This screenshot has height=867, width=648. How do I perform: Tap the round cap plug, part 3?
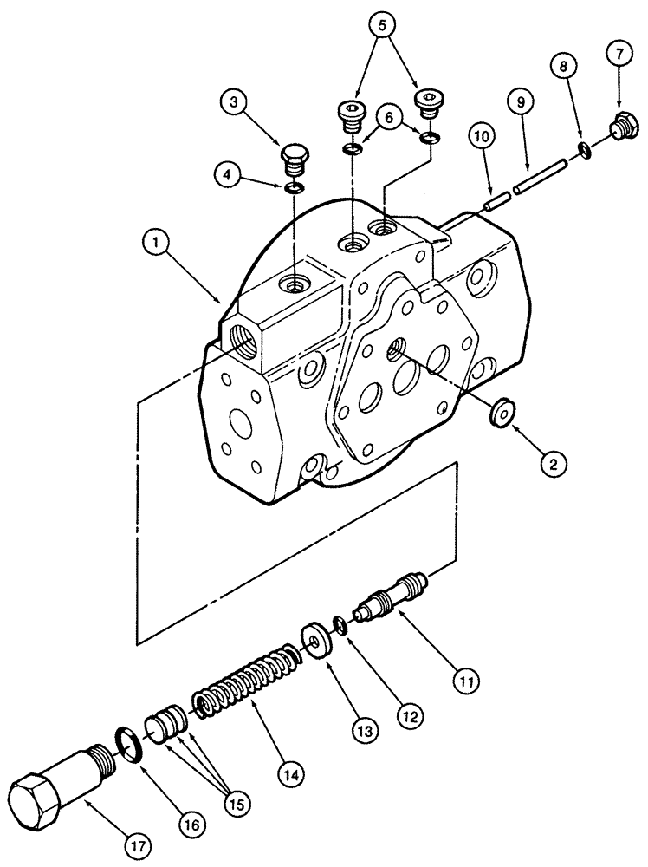(296, 163)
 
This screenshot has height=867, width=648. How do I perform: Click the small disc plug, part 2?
(500, 413)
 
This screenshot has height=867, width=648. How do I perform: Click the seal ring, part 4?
(295, 188)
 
